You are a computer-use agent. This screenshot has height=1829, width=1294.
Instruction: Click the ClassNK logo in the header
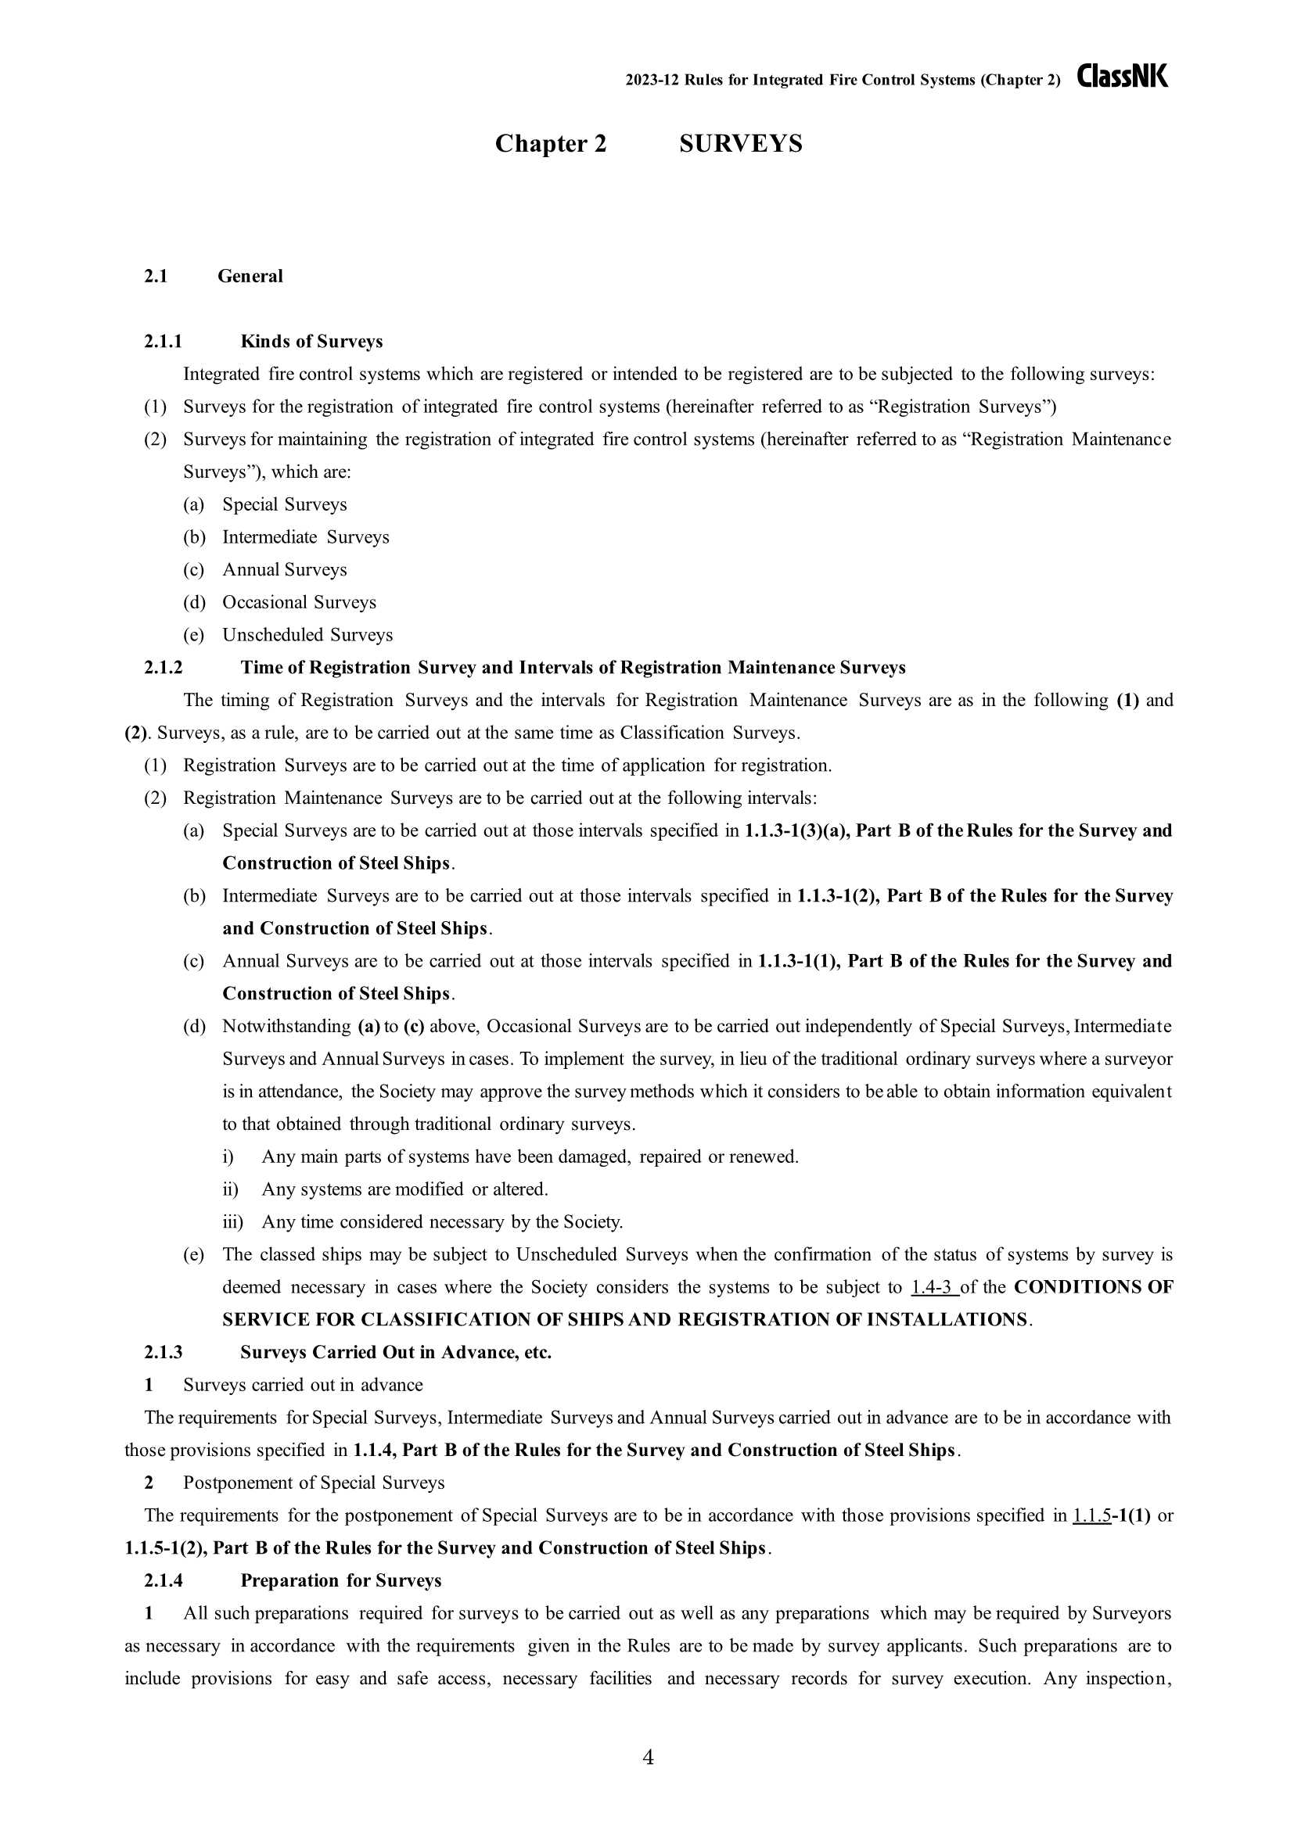click(x=1123, y=77)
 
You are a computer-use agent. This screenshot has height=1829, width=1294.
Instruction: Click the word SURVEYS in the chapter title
click(x=740, y=144)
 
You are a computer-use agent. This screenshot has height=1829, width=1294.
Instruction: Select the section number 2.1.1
click(x=164, y=342)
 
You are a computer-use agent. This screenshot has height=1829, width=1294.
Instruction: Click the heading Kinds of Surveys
click(x=311, y=342)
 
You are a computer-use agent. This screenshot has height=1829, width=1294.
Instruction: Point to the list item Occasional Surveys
click(x=299, y=602)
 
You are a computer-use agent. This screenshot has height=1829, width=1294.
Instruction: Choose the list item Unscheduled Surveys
click(x=307, y=635)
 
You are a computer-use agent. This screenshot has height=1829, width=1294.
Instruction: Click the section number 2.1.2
click(x=164, y=668)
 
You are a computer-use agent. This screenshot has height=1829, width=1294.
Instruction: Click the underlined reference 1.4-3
click(x=933, y=1287)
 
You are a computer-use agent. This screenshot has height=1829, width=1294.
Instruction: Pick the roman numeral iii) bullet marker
click(x=232, y=1222)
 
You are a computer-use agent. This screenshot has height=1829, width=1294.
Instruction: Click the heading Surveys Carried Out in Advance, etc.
click(x=396, y=1353)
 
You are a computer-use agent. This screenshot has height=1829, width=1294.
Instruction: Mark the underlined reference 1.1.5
click(x=1091, y=1515)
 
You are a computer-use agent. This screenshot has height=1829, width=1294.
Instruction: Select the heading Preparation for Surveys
click(x=341, y=1580)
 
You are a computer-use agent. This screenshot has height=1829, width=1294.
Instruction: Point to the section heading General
click(x=250, y=276)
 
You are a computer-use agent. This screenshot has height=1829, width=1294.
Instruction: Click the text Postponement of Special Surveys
click(x=314, y=1483)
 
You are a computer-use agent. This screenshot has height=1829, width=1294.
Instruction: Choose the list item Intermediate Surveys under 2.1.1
click(x=305, y=537)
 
